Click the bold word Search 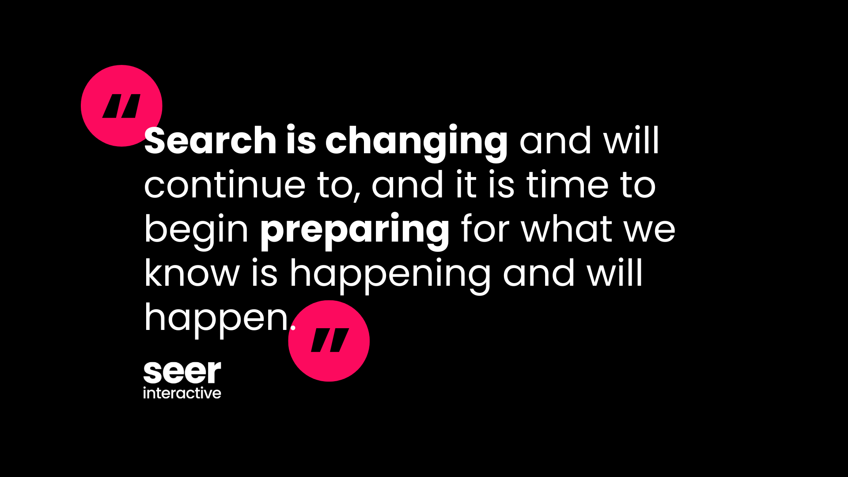coord(210,140)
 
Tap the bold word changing coord(416,144)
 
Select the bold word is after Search coord(301,140)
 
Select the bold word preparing coord(355,232)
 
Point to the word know coord(192,273)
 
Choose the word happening coord(390,276)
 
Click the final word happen coord(216,320)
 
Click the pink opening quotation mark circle coord(121,106)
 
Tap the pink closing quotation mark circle coord(329,341)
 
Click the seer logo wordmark coord(182,372)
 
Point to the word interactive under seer coord(182,393)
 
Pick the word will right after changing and coord(632,140)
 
